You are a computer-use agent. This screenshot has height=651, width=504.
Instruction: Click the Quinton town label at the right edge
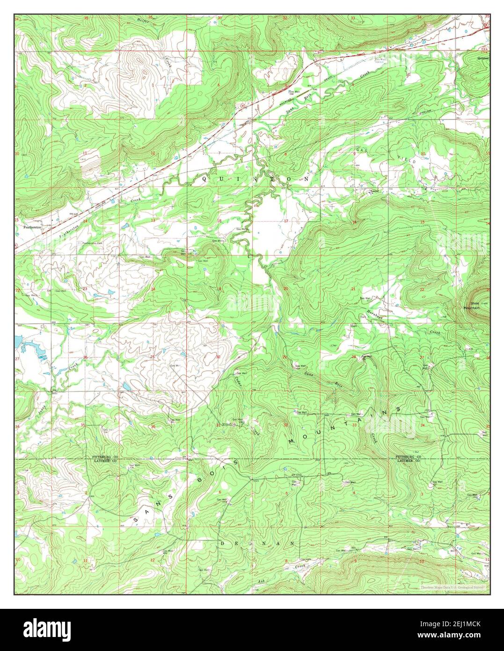[483, 59]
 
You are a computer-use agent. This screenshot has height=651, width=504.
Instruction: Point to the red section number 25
[153, 357]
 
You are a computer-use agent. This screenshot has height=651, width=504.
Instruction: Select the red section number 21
[353, 289]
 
